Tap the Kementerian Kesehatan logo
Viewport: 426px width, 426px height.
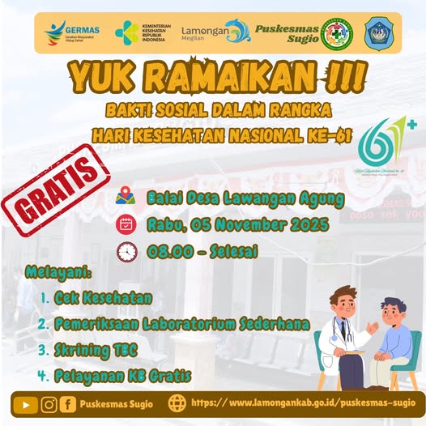[143, 33]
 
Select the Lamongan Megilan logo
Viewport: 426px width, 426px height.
[215, 32]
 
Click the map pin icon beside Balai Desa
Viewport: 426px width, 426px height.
[126, 197]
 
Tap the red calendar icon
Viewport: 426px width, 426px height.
[126, 224]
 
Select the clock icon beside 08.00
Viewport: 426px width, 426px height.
[126, 252]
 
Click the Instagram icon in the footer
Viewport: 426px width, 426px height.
[49, 403]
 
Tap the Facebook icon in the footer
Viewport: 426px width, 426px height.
[70, 403]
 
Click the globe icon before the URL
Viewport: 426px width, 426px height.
[177, 403]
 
